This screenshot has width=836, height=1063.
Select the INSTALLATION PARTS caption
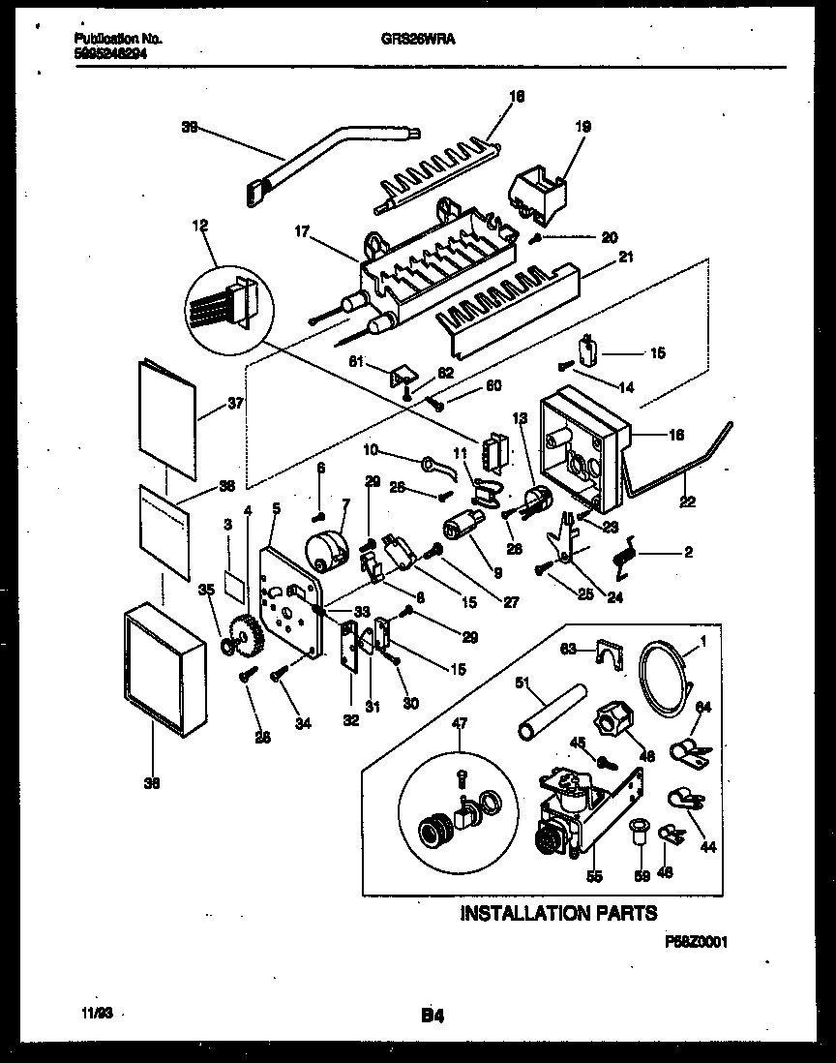pyautogui.click(x=557, y=913)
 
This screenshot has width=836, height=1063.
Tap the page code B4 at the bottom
pyautogui.click(x=432, y=1016)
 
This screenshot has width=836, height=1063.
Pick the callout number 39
pyautogui.click(x=189, y=125)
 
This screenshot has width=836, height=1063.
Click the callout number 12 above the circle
pyautogui.click(x=200, y=227)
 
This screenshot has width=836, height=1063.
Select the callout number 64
pyautogui.click(x=702, y=707)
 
